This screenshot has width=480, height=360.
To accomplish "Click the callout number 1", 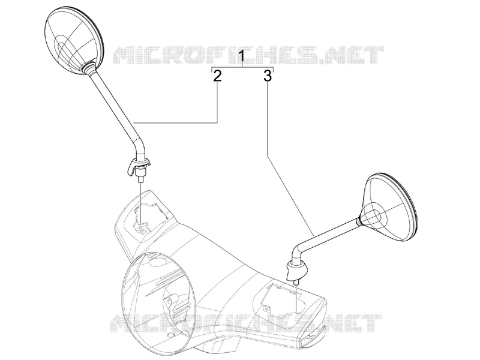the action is pyautogui.click(x=242, y=56).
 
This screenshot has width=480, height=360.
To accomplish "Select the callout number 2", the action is pyautogui.click(x=217, y=76).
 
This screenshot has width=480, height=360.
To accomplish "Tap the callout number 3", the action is pyautogui.click(x=268, y=76).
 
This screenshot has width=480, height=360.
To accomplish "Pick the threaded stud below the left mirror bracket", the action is pyautogui.click(x=140, y=178).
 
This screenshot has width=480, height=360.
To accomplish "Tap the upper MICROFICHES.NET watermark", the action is pyautogui.click(x=248, y=56).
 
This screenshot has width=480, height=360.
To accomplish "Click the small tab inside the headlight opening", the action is pyautogui.click(x=169, y=302).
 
